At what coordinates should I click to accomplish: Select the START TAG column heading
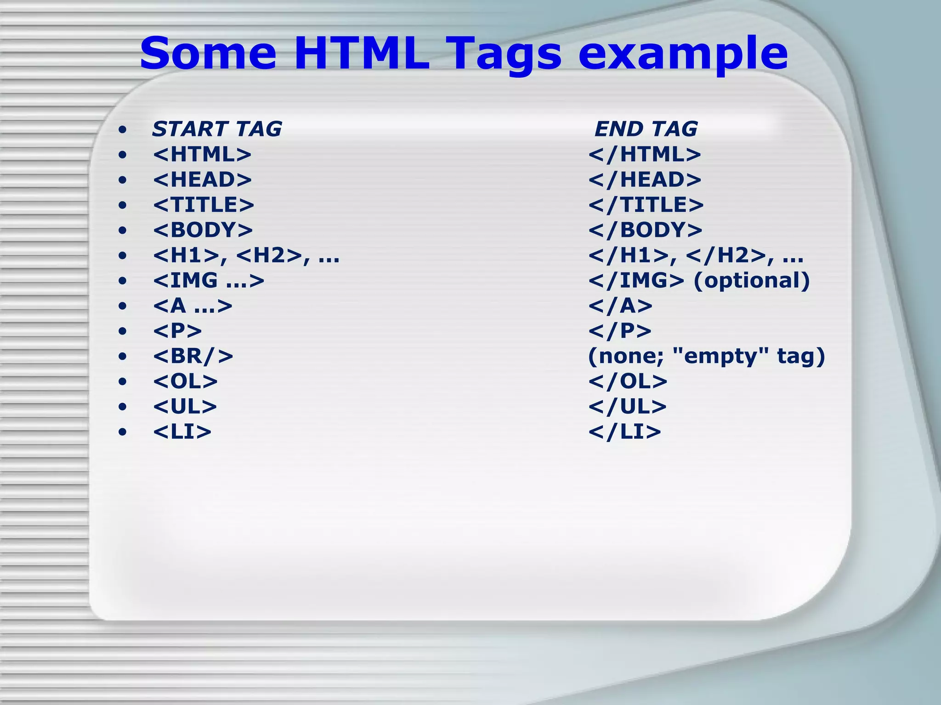pos(217,129)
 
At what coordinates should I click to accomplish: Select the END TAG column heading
pos(646,129)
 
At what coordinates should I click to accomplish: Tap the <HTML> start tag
pos(202,154)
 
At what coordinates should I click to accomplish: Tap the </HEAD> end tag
pos(645,179)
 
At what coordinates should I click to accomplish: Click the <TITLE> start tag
pos(204,205)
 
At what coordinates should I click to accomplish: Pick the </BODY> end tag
pos(645,230)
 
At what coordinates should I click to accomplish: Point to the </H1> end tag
pos(629,255)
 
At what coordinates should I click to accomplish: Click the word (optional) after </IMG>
pos(751,280)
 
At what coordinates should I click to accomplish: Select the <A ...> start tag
pos(193,306)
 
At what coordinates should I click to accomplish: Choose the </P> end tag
pos(620,331)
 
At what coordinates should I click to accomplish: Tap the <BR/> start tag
pos(193,356)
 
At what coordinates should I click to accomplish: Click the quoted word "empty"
pos(720,356)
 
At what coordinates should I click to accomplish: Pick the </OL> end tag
pos(628,381)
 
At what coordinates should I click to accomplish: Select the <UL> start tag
pos(185,407)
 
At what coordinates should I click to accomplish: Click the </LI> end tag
pos(624,432)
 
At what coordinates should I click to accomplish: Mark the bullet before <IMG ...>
pos(122,281)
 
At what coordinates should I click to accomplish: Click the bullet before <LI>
pos(122,432)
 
